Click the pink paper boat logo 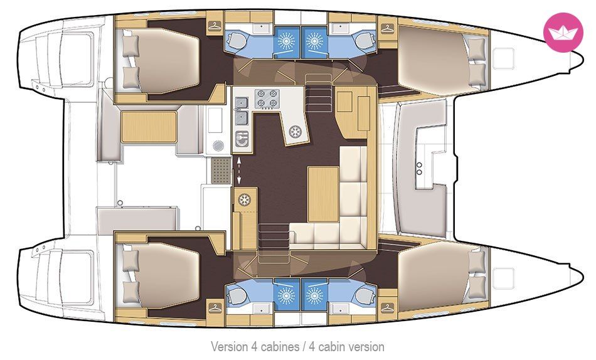563,32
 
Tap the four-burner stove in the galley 267,98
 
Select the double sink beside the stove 242,110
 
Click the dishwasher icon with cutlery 242,139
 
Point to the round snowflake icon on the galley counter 295,132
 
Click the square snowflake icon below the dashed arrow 244,199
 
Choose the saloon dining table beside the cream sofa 323,194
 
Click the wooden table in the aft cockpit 149,127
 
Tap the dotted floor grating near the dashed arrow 221,171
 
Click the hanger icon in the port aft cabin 215,27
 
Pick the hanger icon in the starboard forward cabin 387,307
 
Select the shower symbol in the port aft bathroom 286,38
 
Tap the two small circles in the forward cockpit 419,169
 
